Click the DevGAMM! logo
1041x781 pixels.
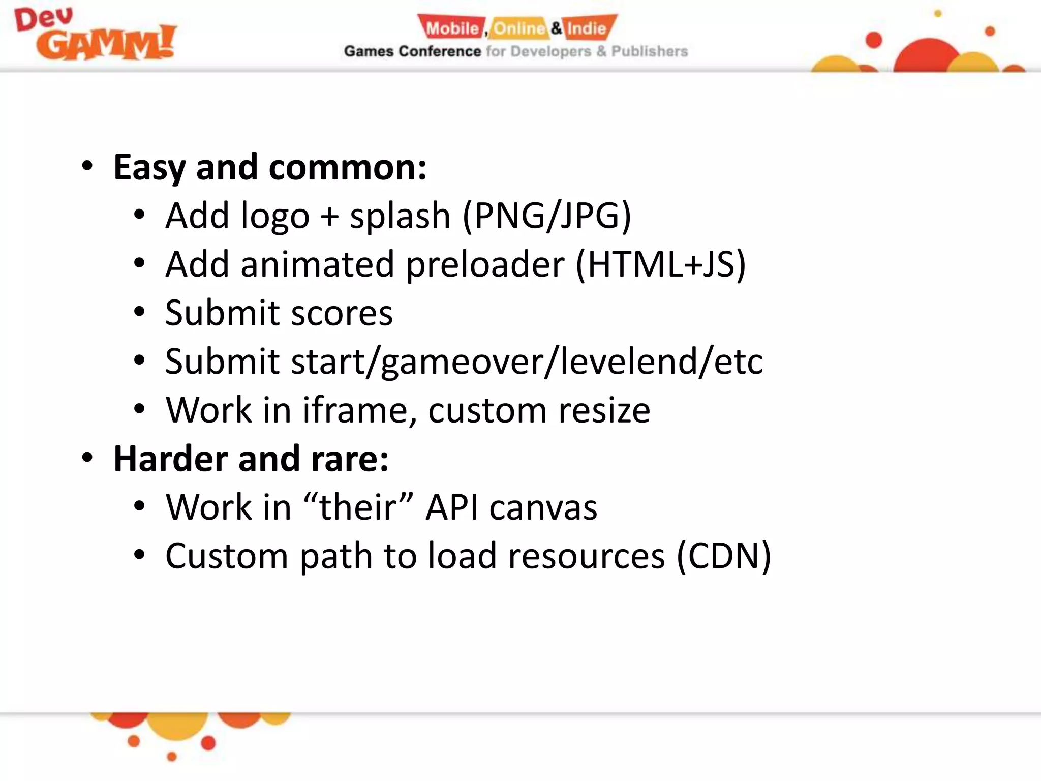[x=96, y=35]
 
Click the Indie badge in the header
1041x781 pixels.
[x=588, y=28]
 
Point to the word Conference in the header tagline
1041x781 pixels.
[x=440, y=51]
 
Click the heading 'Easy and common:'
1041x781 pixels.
[x=270, y=167]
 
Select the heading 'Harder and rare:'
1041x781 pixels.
[x=251, y=459]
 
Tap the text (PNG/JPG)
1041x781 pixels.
[x=547, y=216]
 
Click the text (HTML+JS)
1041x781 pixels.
[x=661, y=264]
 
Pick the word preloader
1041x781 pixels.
[x=485, y=264]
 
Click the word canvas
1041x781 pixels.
[x=543, y=507]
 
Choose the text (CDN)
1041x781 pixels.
[x=724, y=556]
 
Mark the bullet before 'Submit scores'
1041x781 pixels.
[x=139, y=312]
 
